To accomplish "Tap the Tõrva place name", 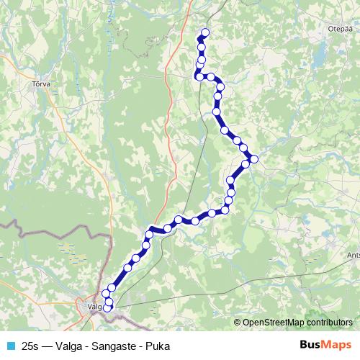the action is (x=40, y=84).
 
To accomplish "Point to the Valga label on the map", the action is (x=94, y=306).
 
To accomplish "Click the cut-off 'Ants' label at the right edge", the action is (x=353, y=254).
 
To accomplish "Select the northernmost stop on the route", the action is (x=205, y=32).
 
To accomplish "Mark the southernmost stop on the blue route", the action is (x=108, y=308).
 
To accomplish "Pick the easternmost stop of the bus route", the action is (x=253, y=159).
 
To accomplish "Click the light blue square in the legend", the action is (x=10, y=346).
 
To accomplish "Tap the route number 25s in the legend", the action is (x=30, y=346).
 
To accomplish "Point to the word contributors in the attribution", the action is (x=328, y=323).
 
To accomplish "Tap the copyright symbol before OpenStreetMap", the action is (x=238, y=323).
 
